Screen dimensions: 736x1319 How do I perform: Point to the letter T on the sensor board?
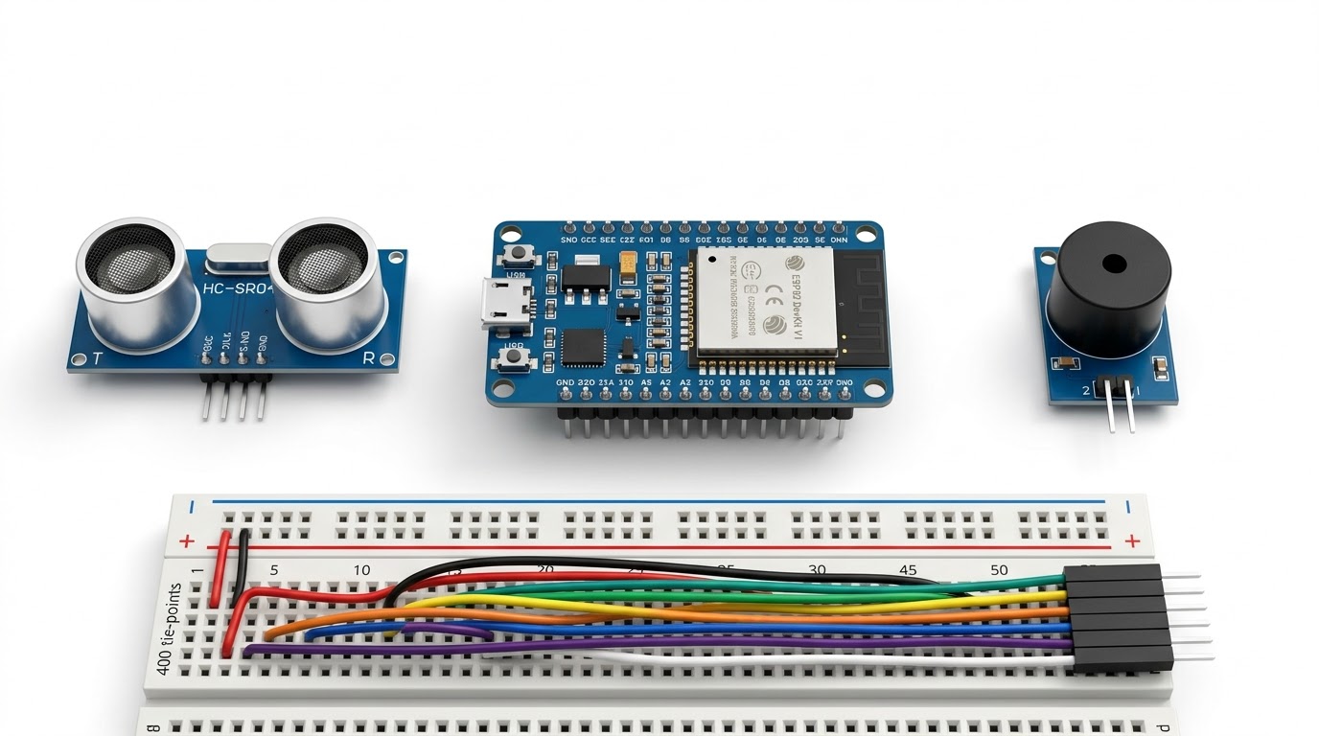(96, 359)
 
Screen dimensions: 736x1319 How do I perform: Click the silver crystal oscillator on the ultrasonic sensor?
(238, 255)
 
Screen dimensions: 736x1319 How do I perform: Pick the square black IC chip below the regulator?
(583, 347)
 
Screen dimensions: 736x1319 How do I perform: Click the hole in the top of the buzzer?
(1114, 264)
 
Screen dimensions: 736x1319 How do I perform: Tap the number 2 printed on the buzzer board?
(1086, 390)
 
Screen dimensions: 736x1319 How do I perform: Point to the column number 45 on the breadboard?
(907, 569)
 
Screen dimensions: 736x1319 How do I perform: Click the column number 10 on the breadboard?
(361, 570)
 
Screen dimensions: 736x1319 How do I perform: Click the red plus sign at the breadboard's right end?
(1133, 541)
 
